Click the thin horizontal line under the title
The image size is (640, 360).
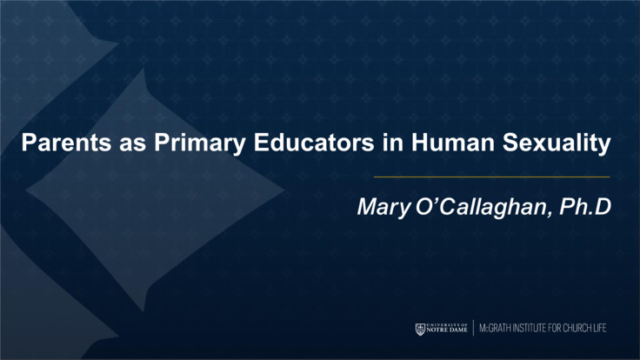point(491,177)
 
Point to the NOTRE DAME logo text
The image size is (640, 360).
point(448,331)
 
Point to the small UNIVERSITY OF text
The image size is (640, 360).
point(448,324)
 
